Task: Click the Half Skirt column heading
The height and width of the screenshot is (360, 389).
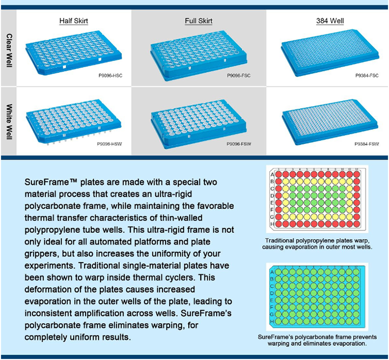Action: click(x=74, y=21)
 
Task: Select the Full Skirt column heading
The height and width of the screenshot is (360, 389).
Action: click(x=199, y=21)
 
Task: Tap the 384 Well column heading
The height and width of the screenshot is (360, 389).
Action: click(x=330, y=21)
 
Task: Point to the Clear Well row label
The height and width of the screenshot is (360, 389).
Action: click(x=9, y=50)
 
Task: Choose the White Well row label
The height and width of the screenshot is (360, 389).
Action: click(x=9, y=121)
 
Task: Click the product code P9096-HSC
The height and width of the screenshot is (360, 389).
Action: click(x=110, y=76)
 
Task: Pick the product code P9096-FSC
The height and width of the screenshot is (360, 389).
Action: click(x=239, y=76)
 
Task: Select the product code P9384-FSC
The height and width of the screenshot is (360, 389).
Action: click(x=367, y=76)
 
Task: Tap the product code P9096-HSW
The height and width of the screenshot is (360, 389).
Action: click(x=110, y=144)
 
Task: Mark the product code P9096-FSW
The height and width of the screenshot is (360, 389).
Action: click(x=239, y=144)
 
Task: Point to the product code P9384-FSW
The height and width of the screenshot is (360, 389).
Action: click(x=367, y=144)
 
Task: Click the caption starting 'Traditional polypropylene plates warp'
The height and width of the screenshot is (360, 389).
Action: click(x=317, y=244)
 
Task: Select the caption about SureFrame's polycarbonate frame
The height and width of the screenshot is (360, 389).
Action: click(x=317, y=340)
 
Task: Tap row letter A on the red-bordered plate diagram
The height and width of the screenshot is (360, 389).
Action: click(x=272, y=174)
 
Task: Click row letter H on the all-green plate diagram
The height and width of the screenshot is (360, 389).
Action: click(x=272, y=322)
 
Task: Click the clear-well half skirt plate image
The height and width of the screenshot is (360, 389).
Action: click(x=74, y=53)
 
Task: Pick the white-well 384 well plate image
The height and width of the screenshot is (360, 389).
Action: click(x=330, y=122)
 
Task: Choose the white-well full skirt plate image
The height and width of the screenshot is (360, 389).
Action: click(x=199, y=124)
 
